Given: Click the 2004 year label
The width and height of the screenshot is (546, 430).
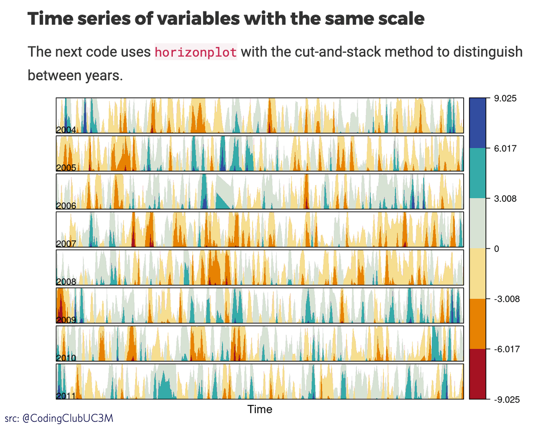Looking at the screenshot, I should coord(66,130).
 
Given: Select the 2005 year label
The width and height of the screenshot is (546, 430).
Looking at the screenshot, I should coord(66,168).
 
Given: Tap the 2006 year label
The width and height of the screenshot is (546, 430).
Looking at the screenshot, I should coord(66,206).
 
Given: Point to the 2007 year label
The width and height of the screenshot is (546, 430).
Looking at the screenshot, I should coord(66,244).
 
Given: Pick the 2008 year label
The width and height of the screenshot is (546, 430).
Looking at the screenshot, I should coord(66,282).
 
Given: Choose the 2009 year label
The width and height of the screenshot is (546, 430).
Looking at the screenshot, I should coord(66,319).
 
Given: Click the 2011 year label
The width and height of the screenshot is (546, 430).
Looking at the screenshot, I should coord(66,395).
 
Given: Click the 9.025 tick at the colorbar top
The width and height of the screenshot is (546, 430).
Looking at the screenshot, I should coord(505,98).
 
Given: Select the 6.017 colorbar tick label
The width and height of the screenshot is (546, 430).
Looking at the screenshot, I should coord(505,148).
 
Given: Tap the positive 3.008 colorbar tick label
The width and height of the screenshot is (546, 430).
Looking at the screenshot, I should coord(505,199).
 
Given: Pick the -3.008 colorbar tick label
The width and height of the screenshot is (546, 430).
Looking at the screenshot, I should coord(506,299).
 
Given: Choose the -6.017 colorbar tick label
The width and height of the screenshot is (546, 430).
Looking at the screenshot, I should coord(506,349).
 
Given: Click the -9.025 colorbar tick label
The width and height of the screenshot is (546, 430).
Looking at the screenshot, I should coord(506,399).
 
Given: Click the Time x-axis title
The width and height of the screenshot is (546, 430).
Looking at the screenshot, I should coord(260,409).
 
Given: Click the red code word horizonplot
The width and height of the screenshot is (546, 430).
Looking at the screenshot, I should coord(196,52).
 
